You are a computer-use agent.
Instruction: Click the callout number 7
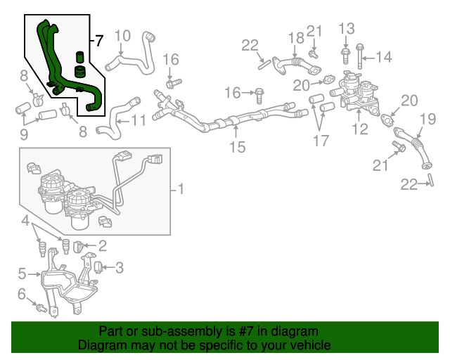(99, 41)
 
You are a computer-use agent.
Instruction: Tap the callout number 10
(122, 35)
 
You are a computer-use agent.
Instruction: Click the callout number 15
(237, 147)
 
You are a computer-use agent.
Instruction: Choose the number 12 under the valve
(360, 129)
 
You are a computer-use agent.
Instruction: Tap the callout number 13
(347, 28)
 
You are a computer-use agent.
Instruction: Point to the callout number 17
(321, 140)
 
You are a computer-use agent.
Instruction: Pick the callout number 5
(22, 273)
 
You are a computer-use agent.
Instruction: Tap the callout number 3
(119, 267)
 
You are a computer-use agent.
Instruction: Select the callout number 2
(103, 245)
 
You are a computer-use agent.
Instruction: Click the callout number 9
(22, 134)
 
